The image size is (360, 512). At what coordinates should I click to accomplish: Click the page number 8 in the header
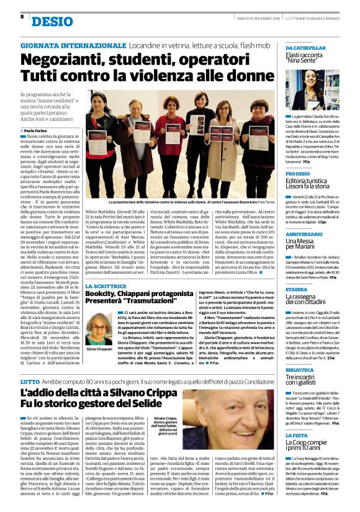point(22,17)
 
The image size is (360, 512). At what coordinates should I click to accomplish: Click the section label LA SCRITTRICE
point(105,269)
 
